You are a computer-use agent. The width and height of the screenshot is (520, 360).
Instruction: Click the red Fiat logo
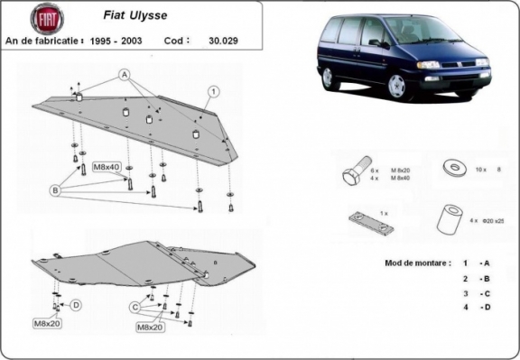click(x=47, y=19)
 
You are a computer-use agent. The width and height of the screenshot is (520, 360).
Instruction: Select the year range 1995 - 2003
click(x=121, y=40)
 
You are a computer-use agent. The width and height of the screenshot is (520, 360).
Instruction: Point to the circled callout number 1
click(x=214, y=91)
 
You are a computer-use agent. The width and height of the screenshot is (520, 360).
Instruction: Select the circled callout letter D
click(x=76, y=304)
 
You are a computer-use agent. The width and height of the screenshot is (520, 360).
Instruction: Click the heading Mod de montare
click(x=409, y=263)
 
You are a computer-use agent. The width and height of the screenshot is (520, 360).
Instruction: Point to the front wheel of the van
click(x=397, y=87)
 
